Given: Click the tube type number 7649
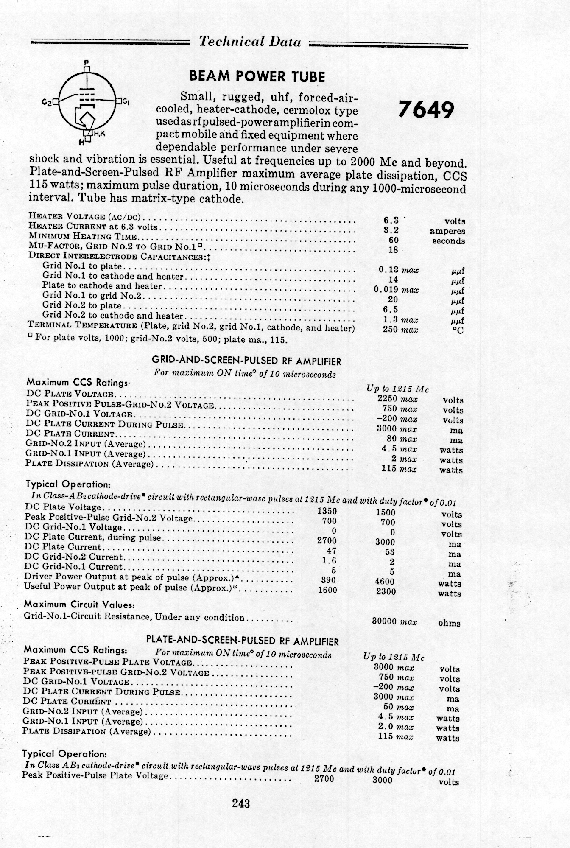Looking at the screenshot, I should [425, 110].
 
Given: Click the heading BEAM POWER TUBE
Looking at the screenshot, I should [257, 77].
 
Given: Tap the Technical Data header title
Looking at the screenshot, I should [250, 42].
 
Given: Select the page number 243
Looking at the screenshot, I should [241, 803].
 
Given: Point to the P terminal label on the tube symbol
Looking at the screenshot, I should [87, 62].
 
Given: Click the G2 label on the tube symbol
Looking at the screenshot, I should [47, 102].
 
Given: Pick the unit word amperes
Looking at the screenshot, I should [447, 231].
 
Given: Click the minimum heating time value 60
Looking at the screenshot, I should [393, 240].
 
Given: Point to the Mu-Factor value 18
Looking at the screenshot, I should [393, 250].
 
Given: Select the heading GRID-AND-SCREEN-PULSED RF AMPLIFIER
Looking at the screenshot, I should [246, 361].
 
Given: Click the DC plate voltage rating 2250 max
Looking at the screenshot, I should [397, 399].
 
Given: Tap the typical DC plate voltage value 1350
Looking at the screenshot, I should [327, 511].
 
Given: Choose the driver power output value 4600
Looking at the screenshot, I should [385, 582].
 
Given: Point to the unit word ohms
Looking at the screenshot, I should [449, 623].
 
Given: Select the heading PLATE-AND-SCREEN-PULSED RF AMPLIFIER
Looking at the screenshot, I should [242, 641].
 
